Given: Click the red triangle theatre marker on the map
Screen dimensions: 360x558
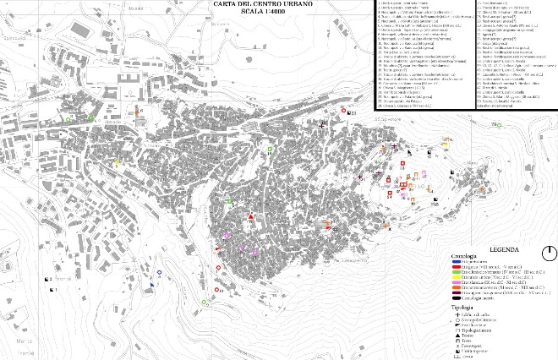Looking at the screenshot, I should click(251, 218).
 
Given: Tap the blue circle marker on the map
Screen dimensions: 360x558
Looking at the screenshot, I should click(159, 272).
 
